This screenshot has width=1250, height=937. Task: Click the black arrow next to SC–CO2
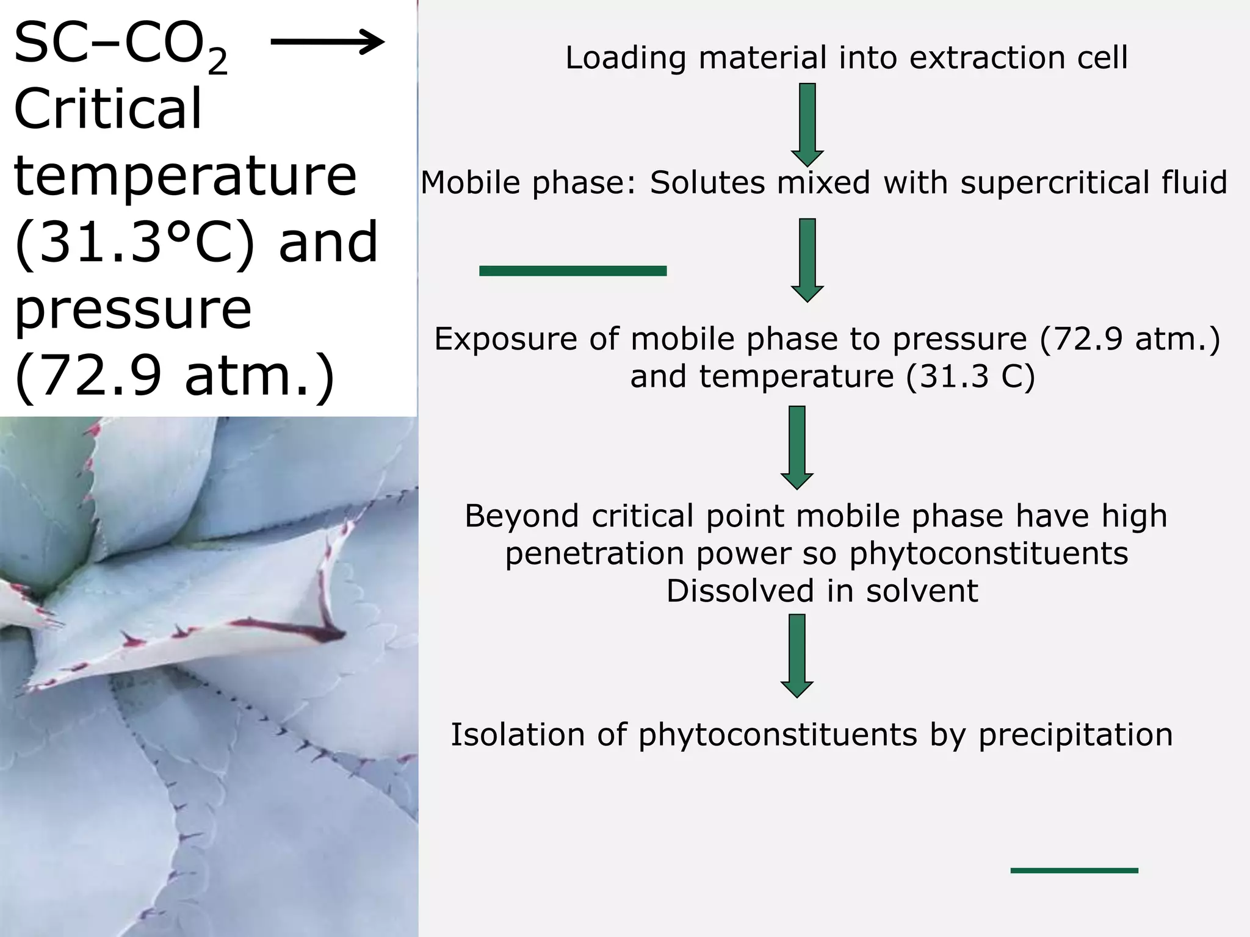click(x=327, y=42)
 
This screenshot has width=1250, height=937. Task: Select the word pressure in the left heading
click(x=132, y=309)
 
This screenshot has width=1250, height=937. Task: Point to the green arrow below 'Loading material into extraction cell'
click(x=807, y=124)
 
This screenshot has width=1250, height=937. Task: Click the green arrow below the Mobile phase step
click(x=807, y=260)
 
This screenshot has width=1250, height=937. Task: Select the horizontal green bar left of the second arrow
click(x=573, y=271)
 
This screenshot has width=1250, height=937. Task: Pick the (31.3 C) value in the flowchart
click(x=970, y=376)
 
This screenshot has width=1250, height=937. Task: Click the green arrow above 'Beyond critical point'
click(x=797, y=447)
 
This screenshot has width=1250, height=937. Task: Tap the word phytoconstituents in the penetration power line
click(x=988, y=554)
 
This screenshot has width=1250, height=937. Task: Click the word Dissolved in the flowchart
click(x=740, y=591)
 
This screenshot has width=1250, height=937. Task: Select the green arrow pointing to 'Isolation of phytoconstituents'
click(x=797, y=655)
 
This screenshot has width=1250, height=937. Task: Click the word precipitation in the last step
click(x=1075, y=734)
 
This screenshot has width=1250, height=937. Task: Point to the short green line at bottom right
click(x=1074, y=871)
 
